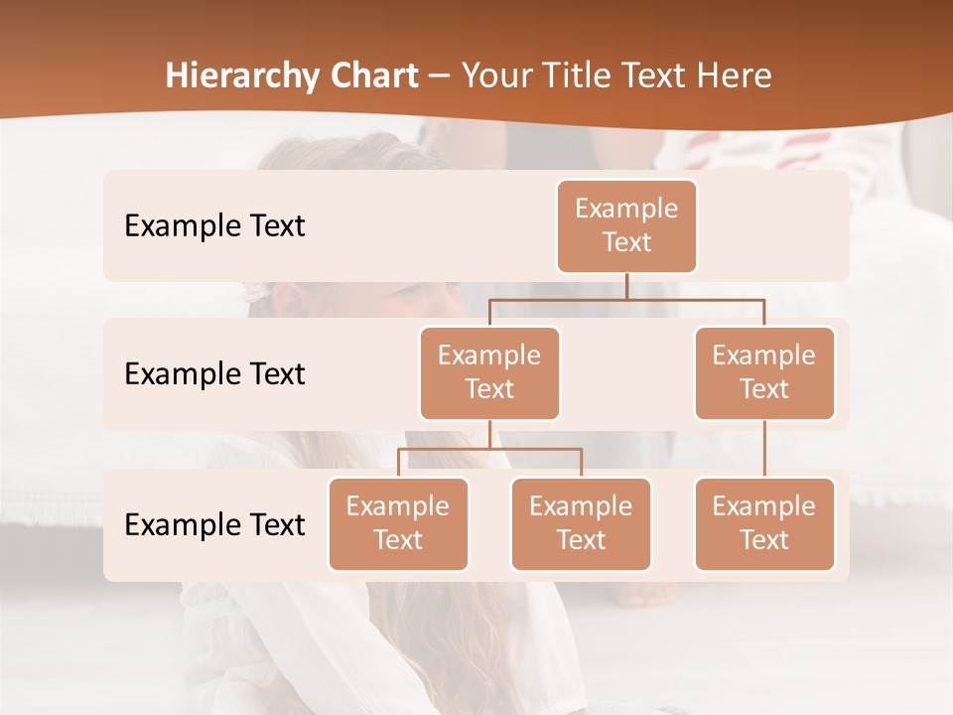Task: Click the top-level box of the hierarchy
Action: [x=626, y=226]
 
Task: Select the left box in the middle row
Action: [x=489, y=373]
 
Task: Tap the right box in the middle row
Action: [x=764, y=373]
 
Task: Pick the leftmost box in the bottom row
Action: [x=398, y=524]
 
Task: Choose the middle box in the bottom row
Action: [x=581, y=524]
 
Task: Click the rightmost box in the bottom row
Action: [x=764, y=524]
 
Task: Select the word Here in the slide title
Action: [x=735, y=76]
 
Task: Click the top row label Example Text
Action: [x=214, y=226]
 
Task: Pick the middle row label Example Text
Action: [x=214, y=374]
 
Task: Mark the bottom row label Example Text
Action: [x=214, y=525]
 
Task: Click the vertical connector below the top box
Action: [x=626, y=286]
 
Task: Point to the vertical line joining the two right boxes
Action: [x=764, y=449]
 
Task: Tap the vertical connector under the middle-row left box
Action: [x=489, y=434]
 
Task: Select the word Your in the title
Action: [x=494, y=76]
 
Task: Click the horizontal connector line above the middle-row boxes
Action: [x=626, y=298]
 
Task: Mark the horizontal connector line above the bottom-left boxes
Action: [x=489, y=449]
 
